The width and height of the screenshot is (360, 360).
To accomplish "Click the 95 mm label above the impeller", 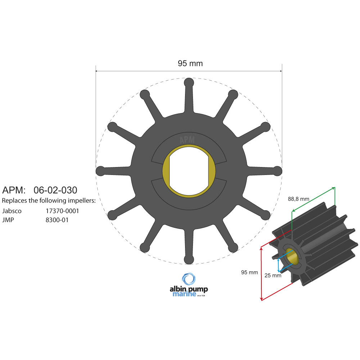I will tap(190, 64).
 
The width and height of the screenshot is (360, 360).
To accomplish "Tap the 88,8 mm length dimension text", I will tap(298, 199).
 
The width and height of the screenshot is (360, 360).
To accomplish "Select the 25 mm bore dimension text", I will tap(273, 275).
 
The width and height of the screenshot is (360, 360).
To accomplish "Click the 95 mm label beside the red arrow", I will tap(249, 273).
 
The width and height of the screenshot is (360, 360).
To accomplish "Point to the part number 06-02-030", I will tap(55, 190).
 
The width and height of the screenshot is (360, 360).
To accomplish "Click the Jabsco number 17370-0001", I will tap(62, 211).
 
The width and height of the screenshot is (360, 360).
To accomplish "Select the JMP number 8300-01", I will tap(57, 220).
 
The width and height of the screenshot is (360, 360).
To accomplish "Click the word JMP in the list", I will tap(8, 220).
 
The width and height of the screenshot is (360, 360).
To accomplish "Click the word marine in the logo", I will tap(184, 294).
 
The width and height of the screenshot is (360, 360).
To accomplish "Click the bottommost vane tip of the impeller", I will tap(189, 260).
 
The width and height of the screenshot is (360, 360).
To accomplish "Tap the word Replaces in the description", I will tap(14, 201).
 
